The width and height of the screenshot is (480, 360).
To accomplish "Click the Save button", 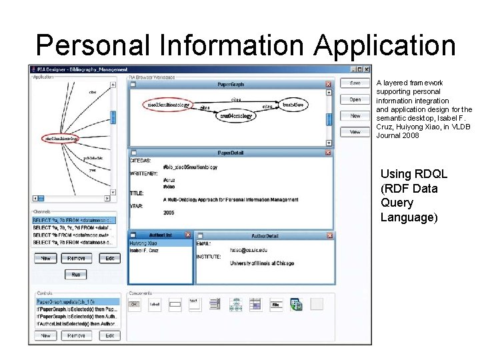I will click(355, 83).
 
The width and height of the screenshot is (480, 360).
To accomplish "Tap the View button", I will click(355, 132).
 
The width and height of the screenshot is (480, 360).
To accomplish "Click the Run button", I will click(76, 275).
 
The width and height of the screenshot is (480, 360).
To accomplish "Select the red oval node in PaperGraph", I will click(169, 105).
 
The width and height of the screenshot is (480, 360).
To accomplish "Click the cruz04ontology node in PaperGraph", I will click(237, 116).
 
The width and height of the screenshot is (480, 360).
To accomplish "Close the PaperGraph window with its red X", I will click(328, 85).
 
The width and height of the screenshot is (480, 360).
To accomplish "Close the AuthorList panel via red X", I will click(188, 235).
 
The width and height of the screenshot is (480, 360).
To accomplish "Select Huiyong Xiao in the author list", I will click(143, 243).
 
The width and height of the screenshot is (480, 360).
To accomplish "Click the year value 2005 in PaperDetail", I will click(169, 213).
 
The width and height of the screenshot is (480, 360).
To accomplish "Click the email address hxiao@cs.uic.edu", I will click(249, 250).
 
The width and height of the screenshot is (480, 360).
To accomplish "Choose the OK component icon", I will click(134, 305).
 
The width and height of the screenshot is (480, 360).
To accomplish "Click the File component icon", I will click(275, 305).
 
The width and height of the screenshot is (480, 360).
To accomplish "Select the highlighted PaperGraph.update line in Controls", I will click(77, 302).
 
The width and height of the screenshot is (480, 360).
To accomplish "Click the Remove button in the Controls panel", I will click(77, 336).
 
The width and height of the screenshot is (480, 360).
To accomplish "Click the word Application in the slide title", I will click(385, 45).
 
